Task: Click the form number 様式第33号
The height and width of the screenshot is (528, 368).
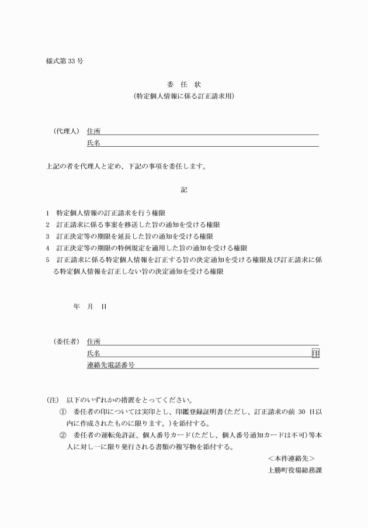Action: [64, 61]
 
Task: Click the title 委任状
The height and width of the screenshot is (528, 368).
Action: [183, 83]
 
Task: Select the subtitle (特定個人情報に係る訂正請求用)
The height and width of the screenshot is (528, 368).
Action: [183, 95]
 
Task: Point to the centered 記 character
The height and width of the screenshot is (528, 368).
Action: [184, 189]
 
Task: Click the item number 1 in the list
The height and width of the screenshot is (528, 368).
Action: [47, 213]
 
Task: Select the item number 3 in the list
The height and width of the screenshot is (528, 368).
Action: [47, 236]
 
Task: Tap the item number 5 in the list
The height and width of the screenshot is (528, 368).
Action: [47, 260]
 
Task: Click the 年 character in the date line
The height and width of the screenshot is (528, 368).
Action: [77, 306]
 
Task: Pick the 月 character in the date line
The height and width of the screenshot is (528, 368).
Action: [91, 306]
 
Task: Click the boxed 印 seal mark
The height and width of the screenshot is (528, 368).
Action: [315, 353]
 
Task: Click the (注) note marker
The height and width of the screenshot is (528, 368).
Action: [53, 401]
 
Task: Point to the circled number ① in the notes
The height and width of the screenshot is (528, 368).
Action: [63, 412]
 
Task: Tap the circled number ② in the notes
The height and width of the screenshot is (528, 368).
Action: [63, 436]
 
